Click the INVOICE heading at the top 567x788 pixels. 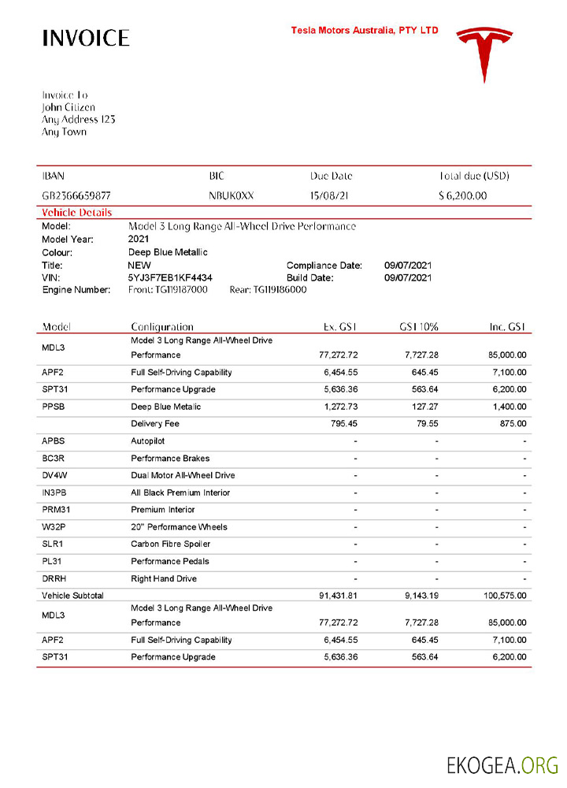point(85,38)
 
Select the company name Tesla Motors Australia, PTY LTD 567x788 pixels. point(365,31)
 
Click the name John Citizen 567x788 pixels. point(69,107)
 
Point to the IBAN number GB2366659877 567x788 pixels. point(76,195)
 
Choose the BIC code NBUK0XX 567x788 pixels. point(232,195)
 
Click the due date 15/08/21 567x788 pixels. point(329,195)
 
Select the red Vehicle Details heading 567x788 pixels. point(76,213)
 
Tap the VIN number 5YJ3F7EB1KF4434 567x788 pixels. point(170,277)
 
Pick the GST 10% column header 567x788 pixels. point(420,326)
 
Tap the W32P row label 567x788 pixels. point(55,527)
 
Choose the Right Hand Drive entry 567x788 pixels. point(163,578)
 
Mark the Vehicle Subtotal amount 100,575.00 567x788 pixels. point(506,596)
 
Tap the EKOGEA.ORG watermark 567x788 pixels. point(502,765)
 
